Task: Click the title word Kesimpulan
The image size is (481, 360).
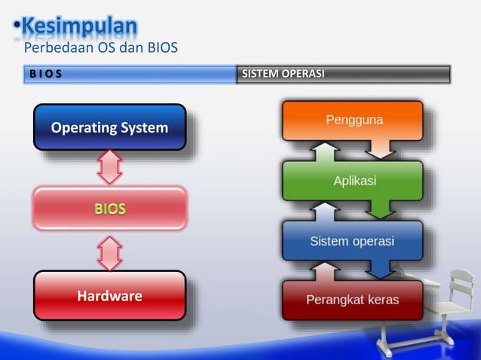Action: pos(79,26)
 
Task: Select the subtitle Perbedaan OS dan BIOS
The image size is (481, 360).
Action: pos(100,49)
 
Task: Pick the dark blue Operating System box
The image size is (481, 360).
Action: pos(109,127)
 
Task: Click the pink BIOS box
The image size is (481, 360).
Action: pos(109,208)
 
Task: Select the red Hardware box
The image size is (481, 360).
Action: pos(109,296)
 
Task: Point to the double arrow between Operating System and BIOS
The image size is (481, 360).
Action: pos(110,167)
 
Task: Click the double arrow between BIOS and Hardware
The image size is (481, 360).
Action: pos(110,253)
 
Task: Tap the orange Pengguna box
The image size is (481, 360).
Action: pos(353,121)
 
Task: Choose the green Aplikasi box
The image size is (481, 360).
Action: pos(353,181)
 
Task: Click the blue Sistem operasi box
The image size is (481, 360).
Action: pos(353,241)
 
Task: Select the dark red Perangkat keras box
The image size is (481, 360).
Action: pos(353,300)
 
